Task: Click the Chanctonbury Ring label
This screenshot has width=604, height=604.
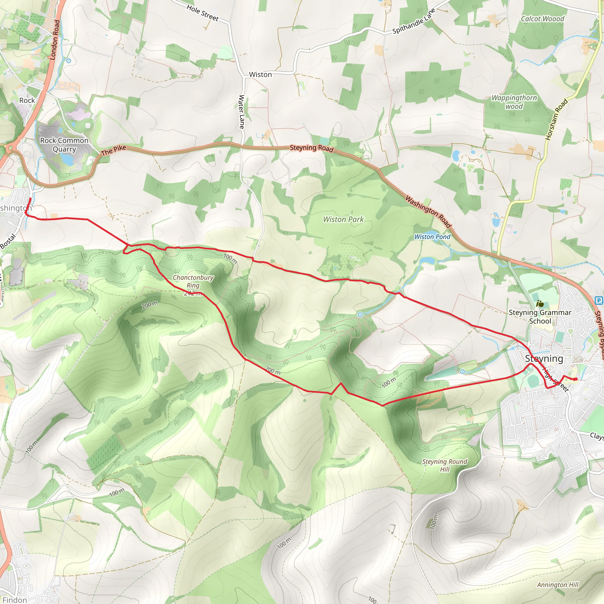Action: tap(193, 281)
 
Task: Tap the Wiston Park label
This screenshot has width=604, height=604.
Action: tap(343, 219)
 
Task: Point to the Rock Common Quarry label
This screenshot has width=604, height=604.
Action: tap(64, 145)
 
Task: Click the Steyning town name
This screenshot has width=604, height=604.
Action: tap(544, 359)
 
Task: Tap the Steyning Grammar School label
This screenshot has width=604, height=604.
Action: tap(540, 317)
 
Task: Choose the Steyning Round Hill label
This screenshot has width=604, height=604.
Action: tap(444, 465)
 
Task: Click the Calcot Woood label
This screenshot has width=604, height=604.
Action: tap(542, 19)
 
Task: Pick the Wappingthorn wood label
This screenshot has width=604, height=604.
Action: tap(514, 102)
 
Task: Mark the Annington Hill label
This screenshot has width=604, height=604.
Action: tap(558, 585)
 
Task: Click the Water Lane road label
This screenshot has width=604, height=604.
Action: tap(241, 112)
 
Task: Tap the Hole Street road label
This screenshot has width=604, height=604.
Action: tap(203, 13)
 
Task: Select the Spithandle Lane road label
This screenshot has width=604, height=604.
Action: tap(413, 21)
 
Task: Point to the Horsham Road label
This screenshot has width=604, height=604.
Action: tap(557, 119)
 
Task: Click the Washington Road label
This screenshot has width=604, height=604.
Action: tap(428, 212)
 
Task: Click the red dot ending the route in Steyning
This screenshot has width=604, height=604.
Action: tap(575, 379)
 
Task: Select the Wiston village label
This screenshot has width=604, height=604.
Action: tap(260, 74)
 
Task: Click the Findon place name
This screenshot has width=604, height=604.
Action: tap(14, 600)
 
